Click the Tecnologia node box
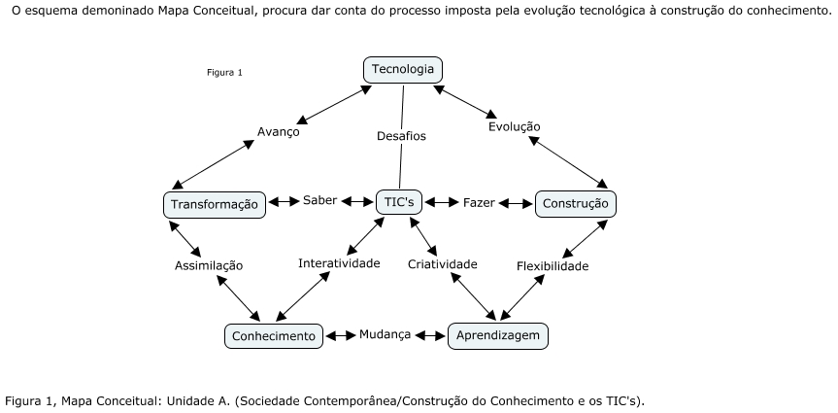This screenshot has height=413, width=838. [403, 70]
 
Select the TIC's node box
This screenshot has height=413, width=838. [401, 202]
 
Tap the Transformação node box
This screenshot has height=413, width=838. [214, 204]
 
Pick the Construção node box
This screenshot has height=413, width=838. [575, 203]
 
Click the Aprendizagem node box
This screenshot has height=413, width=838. [497, 335]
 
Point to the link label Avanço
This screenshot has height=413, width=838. [279, 132]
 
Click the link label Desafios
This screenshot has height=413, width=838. [401, 136]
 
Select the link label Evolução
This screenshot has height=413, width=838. [515, 126]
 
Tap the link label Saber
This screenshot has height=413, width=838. [319, 200]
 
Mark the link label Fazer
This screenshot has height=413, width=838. [479, 203]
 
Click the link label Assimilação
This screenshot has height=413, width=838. [209, 265]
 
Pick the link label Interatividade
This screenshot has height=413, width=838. [339, 263]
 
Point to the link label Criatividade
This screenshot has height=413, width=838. [443, 264]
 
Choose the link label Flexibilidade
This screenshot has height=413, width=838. [553, 265]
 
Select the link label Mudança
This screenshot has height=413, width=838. [385, 334]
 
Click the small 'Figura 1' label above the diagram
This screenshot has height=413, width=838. [224, 72]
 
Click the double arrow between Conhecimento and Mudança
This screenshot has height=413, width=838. [340, 336]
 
